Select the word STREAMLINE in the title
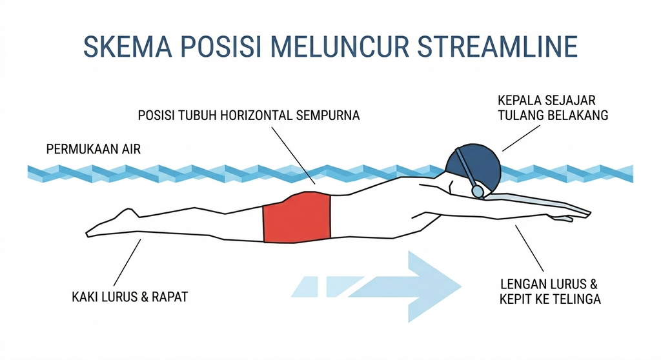point(498,47)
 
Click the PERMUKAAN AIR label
point(93,149)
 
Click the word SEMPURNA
point(328,115)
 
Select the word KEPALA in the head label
point(519,101)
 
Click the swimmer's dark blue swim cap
point(474,165)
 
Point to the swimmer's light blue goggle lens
point(478,192)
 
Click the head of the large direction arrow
point(434,286)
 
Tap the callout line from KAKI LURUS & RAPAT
point(127,263)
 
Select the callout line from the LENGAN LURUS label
point(529,248)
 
